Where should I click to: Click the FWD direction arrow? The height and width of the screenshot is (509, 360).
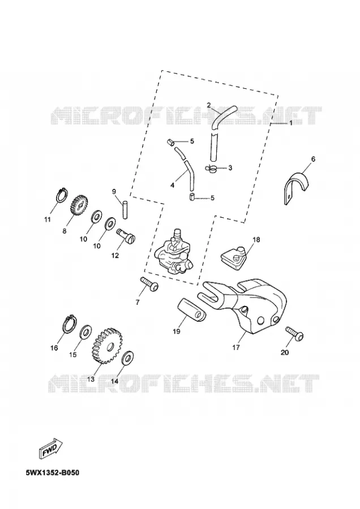point(51,448)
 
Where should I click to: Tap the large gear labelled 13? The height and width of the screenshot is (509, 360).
point(106,346)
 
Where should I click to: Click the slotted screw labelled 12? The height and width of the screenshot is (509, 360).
point(126,235)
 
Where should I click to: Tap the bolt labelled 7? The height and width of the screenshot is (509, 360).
point(149,284)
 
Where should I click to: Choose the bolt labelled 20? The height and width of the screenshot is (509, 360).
point(295,334)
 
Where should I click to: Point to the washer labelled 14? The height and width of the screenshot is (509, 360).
point(127,358)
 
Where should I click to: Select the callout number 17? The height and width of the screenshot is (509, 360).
point(236,347)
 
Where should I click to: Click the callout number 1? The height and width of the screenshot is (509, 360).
point(291,123)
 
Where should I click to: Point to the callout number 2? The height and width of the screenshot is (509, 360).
point(209,105)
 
